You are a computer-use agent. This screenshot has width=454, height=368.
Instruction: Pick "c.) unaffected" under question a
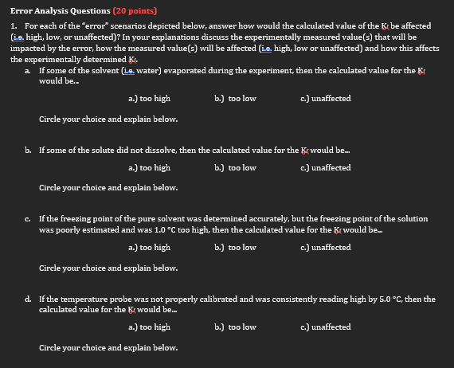point(323,99)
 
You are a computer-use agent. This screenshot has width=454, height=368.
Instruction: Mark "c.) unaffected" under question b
point(323,168)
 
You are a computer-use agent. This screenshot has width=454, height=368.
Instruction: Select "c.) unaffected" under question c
point(323,248)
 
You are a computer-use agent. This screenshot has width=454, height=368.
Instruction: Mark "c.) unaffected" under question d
point(323,327)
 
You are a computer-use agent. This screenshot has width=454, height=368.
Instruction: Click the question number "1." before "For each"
point(14,26)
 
